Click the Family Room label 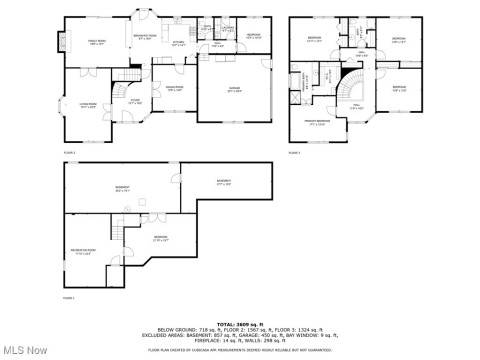[97, 43]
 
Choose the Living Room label [88, 106]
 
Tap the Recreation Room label [83, 250]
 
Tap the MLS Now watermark [27, 349]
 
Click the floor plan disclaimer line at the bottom [240, 351]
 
